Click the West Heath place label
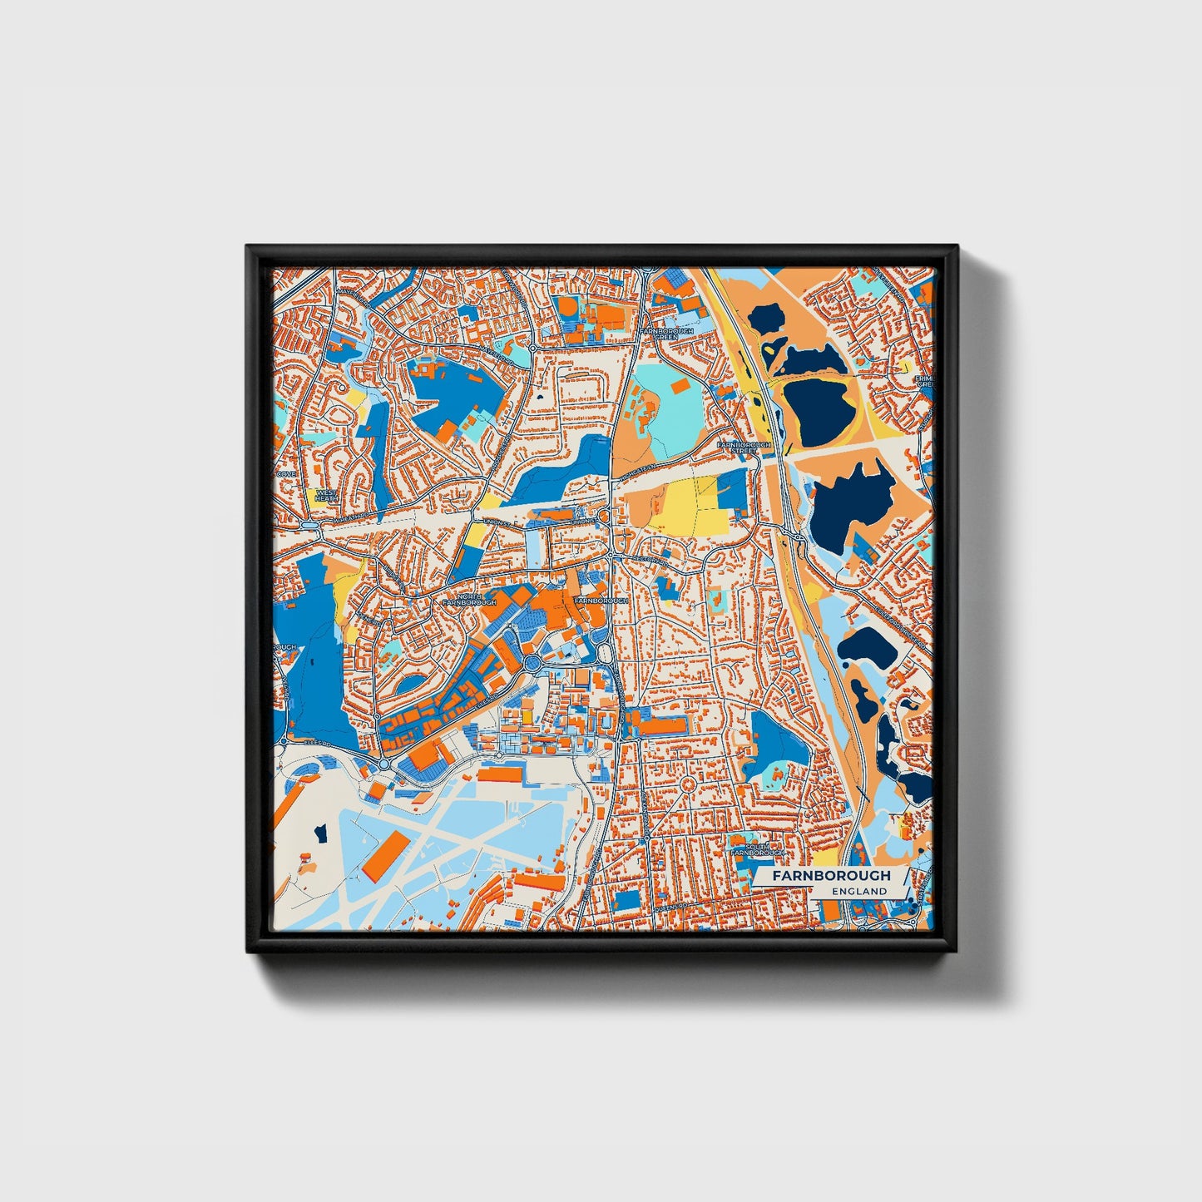(x=325, y=496)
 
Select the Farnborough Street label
(x=744, y=448)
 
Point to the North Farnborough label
(x=469, y=599)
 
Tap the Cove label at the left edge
(x=285, y=473)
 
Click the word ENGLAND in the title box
(x=858, y=891)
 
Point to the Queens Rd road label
(x=682, y=906)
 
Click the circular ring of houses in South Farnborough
(x=688, y=784)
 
